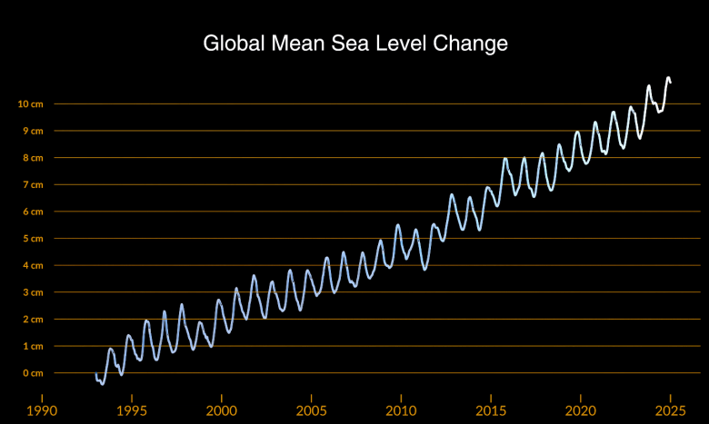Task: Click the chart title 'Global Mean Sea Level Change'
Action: pos(354,44)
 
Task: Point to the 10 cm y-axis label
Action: pos(30,104)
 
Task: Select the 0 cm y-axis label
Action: pos(32,373)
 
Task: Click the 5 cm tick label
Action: pos(32,239)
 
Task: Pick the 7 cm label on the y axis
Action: pos(32,184)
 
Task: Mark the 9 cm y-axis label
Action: pos(32,131)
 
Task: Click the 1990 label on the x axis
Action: pos(42,409)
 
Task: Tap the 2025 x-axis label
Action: pos(670,409)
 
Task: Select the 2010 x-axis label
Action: pos(400,409)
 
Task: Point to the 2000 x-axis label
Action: pos(221,409)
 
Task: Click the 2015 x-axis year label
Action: pos(490,409)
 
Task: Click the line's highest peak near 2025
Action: pos(668,78)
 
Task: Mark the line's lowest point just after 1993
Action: pos(102,384)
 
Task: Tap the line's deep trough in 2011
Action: pos(424,270)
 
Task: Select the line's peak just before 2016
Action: pos(505,158)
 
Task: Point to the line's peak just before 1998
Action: pos(182,304)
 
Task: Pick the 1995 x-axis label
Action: pos(132,409)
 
